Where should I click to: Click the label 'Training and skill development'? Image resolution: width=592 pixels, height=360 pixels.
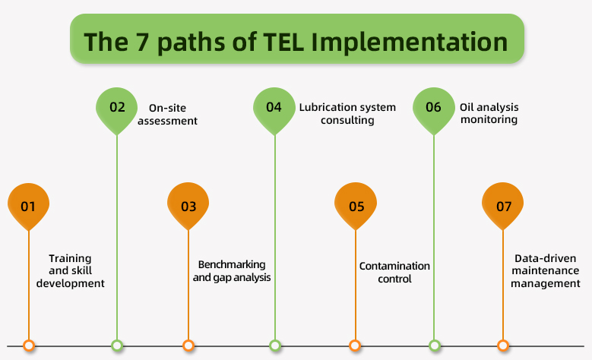pos(76,270)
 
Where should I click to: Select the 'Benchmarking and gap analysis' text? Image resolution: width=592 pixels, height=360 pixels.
pos(232,270)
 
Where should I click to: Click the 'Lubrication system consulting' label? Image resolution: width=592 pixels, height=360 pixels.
pos(347,113)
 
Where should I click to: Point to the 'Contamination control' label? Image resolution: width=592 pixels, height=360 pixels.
pos(394,272)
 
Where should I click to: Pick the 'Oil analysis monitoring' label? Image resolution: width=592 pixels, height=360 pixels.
pos(489,113)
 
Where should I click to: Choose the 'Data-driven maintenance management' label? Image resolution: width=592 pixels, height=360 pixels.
pos(545,270)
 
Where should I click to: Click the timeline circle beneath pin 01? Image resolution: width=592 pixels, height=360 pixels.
pos(29,346)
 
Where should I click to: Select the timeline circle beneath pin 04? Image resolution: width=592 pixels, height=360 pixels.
pos(275,346)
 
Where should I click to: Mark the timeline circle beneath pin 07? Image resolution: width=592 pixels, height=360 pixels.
pos(503,346)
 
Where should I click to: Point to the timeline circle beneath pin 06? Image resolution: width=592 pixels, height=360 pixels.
pos(434,346)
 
